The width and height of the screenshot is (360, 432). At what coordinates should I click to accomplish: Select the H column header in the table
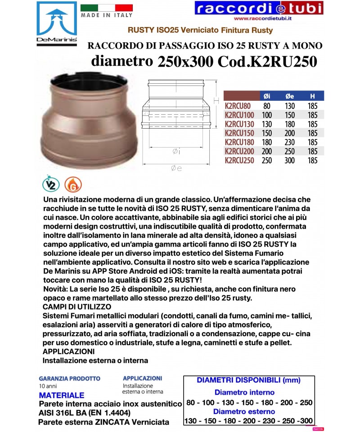click(x=312, y=96)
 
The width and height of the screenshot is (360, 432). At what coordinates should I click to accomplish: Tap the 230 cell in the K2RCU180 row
click(x=289, y=142)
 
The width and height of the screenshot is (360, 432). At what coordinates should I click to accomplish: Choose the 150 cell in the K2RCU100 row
click(x=289, y=115)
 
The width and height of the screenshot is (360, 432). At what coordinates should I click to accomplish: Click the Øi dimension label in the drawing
click(x=176, y=152)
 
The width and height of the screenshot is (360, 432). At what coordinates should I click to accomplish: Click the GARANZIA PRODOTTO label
click(x=69, y=379)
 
